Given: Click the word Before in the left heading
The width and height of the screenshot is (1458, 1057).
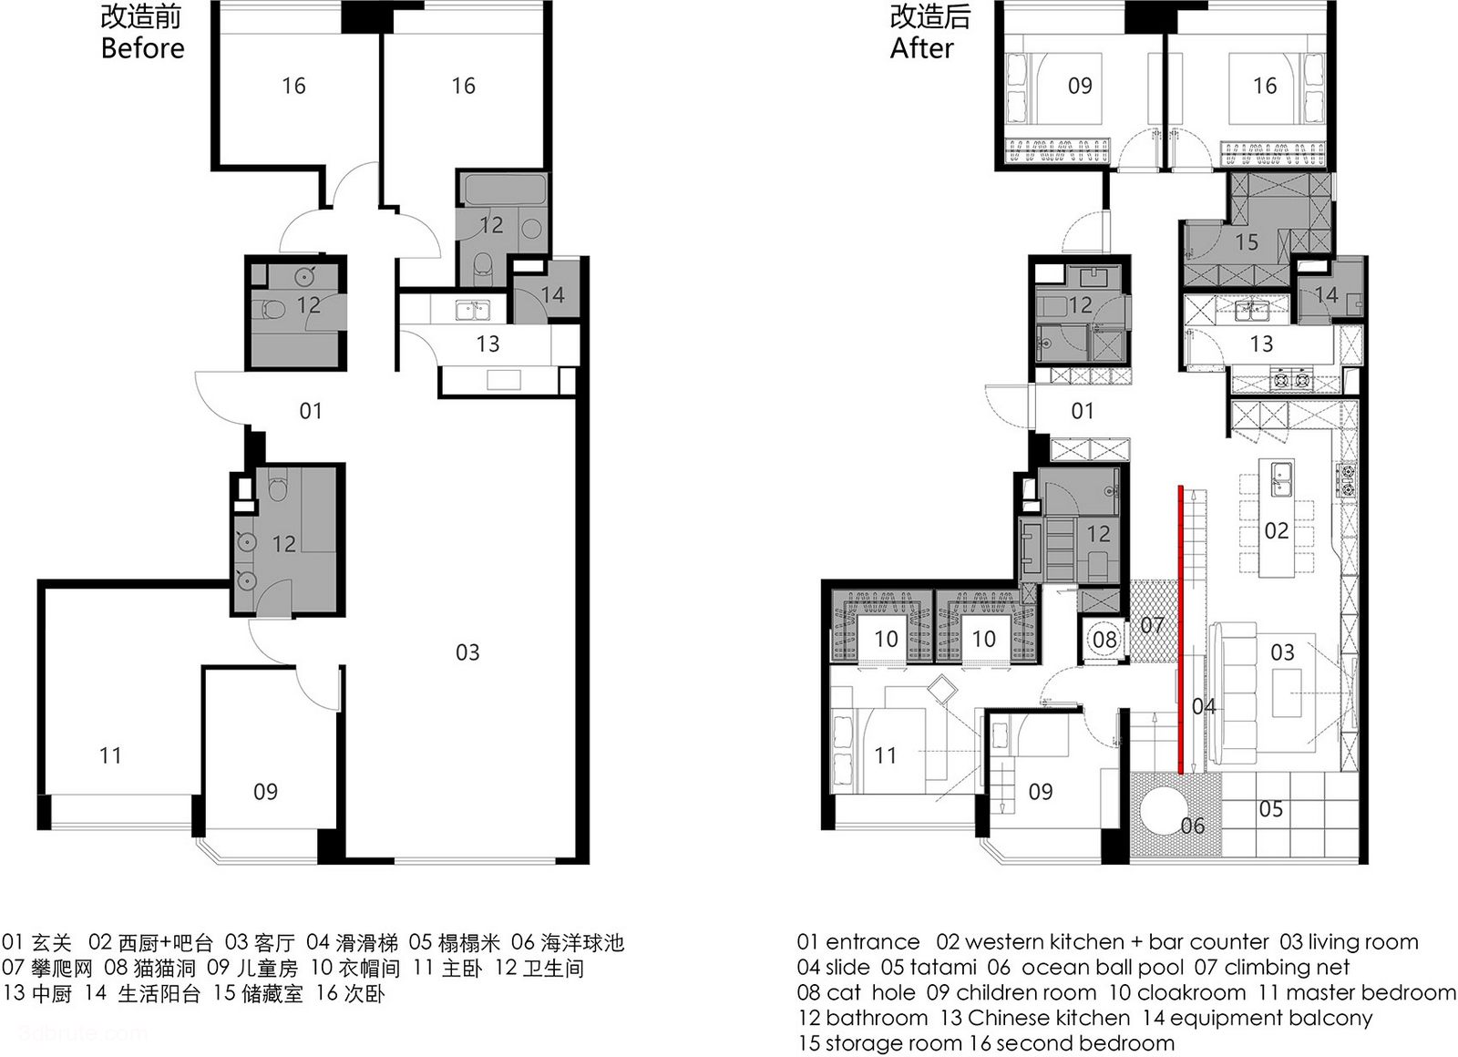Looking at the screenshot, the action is point(142,48).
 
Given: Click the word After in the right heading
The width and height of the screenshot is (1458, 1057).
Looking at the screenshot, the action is point(921,48).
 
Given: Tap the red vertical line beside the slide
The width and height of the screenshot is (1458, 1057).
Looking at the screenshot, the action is point(1180,630).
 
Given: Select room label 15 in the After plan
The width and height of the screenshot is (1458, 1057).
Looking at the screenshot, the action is point(1247,242).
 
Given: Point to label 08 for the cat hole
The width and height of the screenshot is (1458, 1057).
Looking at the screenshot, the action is point(1104,639).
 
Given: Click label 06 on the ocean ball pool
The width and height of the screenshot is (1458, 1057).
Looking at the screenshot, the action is point(1193,826).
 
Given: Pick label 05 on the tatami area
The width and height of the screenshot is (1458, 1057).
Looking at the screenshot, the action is point(1270,809).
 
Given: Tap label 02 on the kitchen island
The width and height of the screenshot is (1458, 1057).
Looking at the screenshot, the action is point(1277,530).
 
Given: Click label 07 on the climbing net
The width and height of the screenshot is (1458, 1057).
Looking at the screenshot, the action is point(1152,625).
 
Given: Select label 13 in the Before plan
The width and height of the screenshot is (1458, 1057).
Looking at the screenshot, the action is point(488,344).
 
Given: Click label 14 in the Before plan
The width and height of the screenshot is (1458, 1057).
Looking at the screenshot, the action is point(552,295).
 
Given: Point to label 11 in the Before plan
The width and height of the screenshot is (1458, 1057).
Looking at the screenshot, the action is point(110,755).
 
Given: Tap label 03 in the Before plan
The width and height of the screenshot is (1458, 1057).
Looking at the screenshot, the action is point(467,652).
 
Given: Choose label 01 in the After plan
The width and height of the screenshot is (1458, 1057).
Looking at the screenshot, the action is point(1082,411).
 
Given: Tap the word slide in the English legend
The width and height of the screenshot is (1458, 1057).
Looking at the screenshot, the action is point(847,967).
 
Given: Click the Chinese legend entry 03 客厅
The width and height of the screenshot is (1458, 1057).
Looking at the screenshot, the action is point(260,942).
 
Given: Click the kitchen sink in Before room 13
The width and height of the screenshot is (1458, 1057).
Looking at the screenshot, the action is point(473,310).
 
